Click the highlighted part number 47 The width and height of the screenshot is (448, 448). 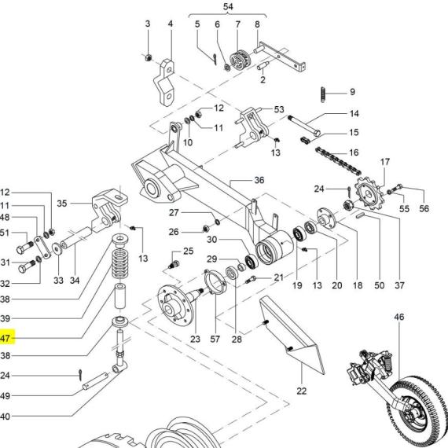coord(6,339)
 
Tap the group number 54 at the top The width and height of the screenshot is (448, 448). coord(228,7)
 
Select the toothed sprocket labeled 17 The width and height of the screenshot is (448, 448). coord(369,193)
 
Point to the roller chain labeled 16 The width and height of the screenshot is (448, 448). coord(338,162)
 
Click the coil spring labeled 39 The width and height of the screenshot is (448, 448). coord(120,264)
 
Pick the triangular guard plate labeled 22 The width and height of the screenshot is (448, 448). coord(292,335)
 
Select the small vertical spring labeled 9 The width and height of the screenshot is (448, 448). coord(323,94)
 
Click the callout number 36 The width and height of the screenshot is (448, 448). coord(259,180)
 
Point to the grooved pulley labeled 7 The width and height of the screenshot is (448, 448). coord(240,59)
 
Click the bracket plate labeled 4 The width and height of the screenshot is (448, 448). coord(164,83)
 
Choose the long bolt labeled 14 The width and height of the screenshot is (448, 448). coord(304,126)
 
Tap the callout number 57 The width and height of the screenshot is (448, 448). coord(215,339)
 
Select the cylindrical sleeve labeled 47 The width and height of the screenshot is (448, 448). coord(120,296)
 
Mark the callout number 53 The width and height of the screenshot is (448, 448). coord(279,109)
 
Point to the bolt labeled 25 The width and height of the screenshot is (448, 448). coord(174,264)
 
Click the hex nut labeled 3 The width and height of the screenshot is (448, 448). coord(148,57)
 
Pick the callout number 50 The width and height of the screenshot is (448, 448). coord(379,285)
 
